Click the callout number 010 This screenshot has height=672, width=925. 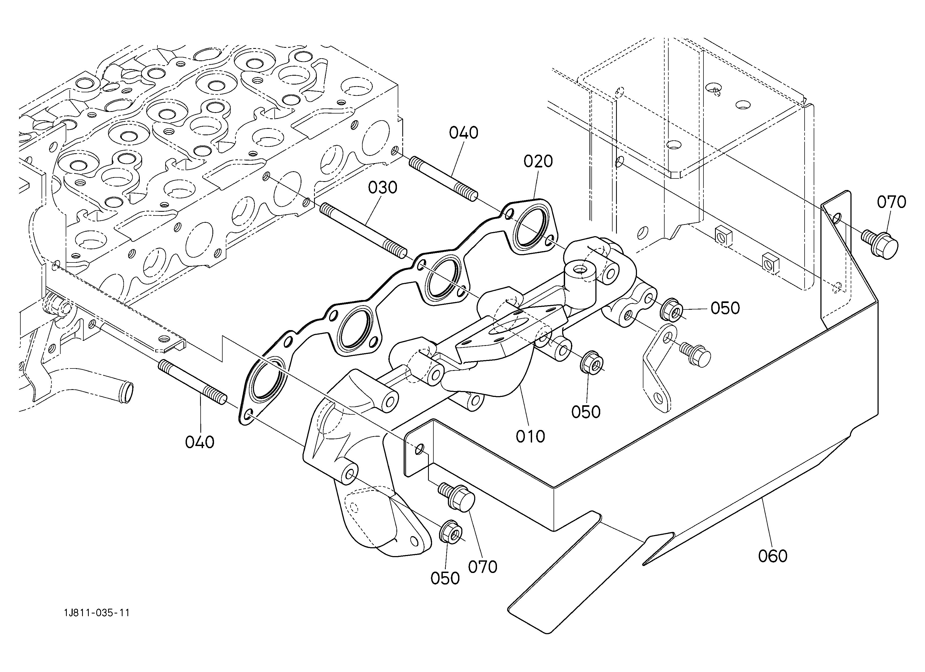tap(530, 437)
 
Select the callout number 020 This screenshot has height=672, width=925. tap(538, 162)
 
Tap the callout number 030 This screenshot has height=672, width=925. tap(382, 188)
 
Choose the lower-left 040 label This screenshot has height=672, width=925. tap(200, 442)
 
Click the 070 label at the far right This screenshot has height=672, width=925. tap(891, 202)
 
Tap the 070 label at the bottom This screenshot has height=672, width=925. tap(482, 567)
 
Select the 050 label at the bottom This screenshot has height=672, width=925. tap(445, 578)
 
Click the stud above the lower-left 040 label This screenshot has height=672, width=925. tap(193, 382)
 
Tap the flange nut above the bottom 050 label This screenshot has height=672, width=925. tap(450, 532)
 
